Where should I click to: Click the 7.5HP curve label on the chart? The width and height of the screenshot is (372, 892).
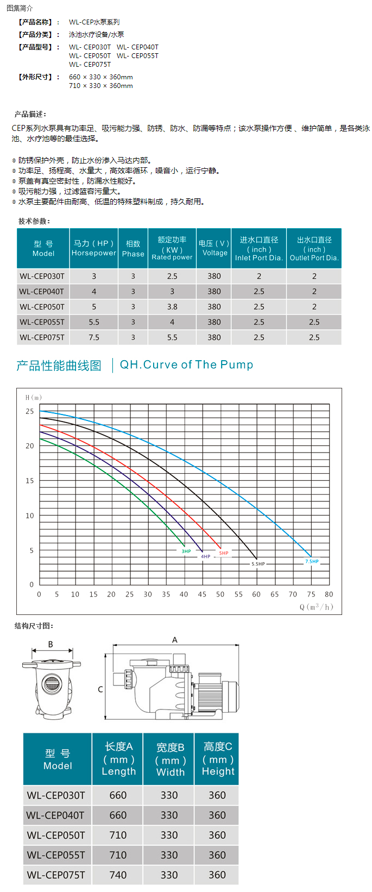pos(312,561)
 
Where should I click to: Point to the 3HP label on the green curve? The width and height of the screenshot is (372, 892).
pos(186,551)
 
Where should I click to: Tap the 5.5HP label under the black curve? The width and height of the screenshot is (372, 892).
pos(258,564)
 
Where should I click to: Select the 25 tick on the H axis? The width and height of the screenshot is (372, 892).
pos(30,411)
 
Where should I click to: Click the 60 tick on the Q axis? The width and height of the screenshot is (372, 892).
pos(256,594)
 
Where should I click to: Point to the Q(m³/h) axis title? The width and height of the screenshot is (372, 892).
pos(316,607)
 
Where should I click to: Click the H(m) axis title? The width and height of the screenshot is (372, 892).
pos(34,398)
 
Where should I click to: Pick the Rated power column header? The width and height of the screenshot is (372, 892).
pos(172,248)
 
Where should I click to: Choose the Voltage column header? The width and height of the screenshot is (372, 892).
pos(215,248)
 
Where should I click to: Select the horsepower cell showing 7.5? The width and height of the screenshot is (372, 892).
pos(94,337)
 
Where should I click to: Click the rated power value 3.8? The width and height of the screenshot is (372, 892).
pos(172,307)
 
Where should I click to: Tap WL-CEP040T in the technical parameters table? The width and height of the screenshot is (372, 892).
pos(42,292)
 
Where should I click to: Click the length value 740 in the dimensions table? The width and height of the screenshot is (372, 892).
pos(118,875)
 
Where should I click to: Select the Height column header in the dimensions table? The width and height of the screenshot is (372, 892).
pos(218,759)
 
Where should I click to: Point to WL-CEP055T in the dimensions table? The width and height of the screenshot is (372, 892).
pos(56,855)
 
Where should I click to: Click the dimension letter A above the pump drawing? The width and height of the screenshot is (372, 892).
pos(175,640)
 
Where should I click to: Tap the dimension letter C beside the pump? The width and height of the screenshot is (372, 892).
pos(100,689)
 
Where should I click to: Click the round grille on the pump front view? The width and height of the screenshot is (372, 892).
pos(52,682)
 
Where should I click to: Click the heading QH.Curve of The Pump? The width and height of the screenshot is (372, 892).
pos(186,365)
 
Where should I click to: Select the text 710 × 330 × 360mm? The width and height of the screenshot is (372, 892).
pos(101,86)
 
